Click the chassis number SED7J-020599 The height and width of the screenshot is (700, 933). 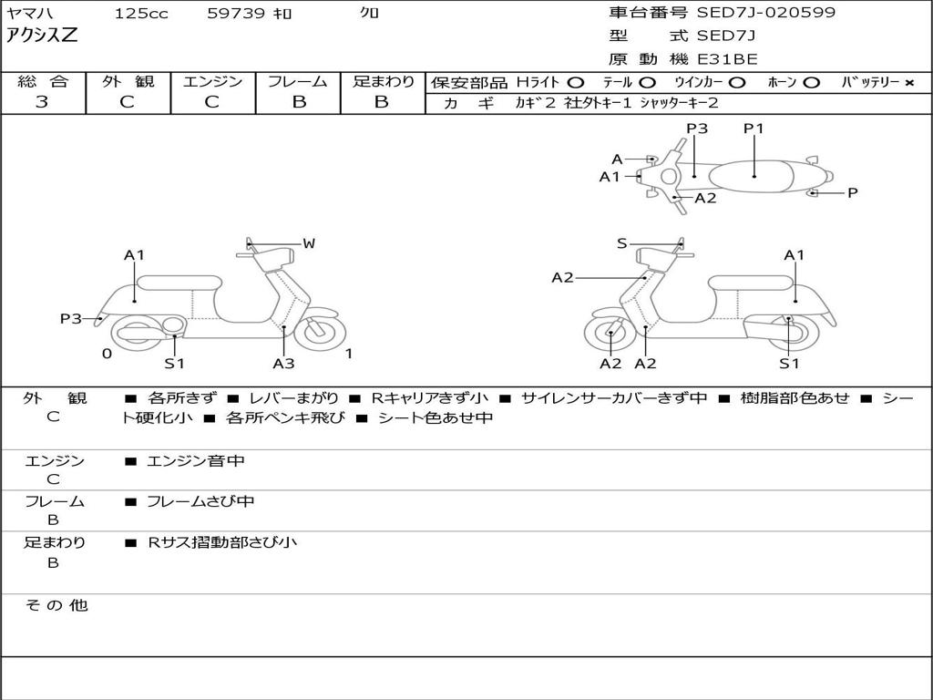pyautogui.click(x=765, y=13)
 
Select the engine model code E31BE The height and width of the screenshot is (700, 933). pyautogui.click(x=727, y=59)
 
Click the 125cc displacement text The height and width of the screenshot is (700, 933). pyautogui.click(x=141, y=13)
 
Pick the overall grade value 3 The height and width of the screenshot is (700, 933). pyautogui.click(x=42, y=102)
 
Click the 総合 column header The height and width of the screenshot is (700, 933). pyautogui.click(x=42, y=81)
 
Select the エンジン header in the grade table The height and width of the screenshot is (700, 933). pyautogui.click(x=212, y=81)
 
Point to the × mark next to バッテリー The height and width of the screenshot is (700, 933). pyautogui.click(x=908, y=83)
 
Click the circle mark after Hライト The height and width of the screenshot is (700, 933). pyautogui.click(x=575, y=83)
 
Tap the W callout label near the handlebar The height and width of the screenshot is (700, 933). pyautogui.click(x=309, y=243)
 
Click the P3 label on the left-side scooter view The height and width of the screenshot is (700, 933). pyautogui.click(x=71, y=318)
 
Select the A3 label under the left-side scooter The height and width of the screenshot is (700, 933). pyautogui.click(x=283, y=364)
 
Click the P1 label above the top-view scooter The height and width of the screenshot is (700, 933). pyautogui.click(x=754, y=129)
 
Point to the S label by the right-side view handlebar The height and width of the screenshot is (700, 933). pyautogui.click(x=621, y=243)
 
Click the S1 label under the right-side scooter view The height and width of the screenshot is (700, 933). pyautogui.click(x=789, y=364)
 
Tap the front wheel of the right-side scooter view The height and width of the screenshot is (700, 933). pyautogui.click(x=610, y=335)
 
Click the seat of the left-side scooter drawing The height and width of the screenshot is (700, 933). pyautogui.click(x=179, y=282)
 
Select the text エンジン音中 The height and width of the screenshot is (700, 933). pyautogui.click(x=196, y=461)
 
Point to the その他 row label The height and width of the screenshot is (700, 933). pyautogui.click(x=56, y=605)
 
